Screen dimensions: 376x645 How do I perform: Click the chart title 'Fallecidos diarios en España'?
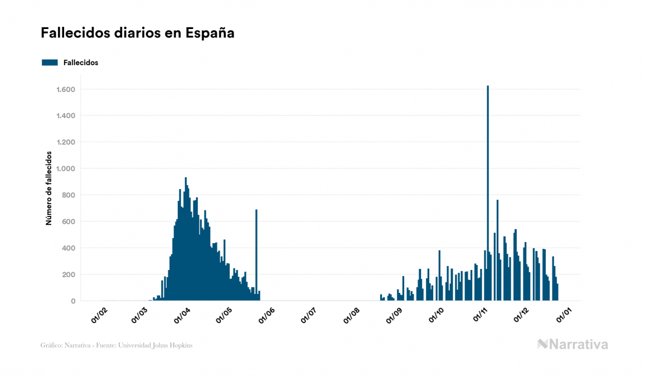pos(137,33)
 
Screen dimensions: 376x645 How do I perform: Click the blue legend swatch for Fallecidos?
pos(50,62)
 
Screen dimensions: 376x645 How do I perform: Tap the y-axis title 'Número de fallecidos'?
pos(49,187)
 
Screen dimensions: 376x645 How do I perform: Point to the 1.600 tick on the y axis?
pos(66,89)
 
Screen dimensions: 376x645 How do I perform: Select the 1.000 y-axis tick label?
pos(66,168)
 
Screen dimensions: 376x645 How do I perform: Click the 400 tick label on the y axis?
pos(69,248)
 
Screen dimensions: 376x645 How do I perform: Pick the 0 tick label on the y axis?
pos(73,301)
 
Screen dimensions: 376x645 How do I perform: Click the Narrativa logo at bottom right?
pos(573,344)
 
